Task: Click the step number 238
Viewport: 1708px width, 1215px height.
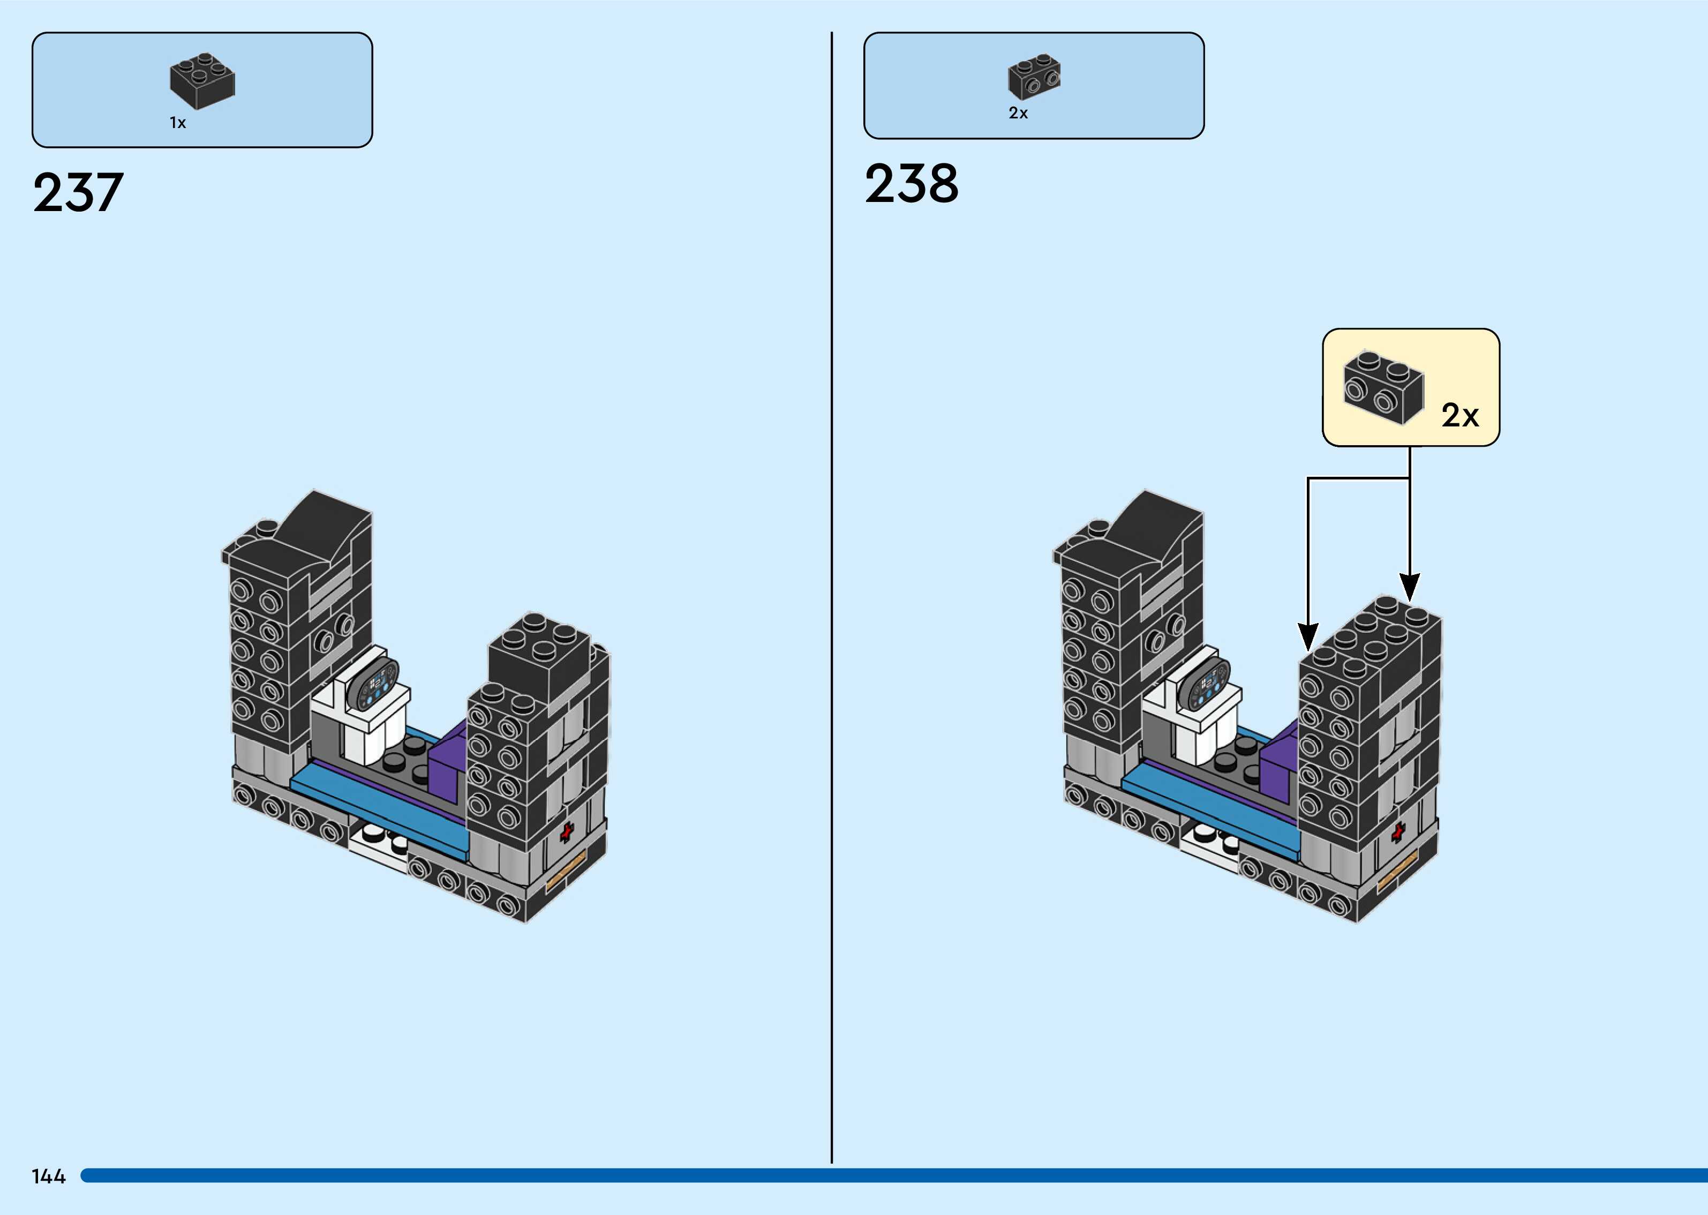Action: click(x=911, y=184)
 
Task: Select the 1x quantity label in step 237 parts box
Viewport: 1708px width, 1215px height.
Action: click(x=178, y=123)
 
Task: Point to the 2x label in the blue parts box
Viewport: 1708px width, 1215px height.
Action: click(x=1018, y=113)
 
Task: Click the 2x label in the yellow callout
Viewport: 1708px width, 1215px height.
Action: click(x=1459, y=416)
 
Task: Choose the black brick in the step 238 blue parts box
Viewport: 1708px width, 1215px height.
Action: click(x=1034, y=76)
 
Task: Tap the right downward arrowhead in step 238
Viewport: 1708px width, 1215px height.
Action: click(x=1410, y=587)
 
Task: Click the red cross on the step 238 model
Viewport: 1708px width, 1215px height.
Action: click(x=1398, y=832)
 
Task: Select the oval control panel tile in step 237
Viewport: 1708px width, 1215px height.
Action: click(x=376, y=685)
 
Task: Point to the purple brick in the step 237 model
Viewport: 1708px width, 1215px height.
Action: click(x=446, y=770)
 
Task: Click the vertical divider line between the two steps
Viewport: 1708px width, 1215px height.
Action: click(x=832, y=598)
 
